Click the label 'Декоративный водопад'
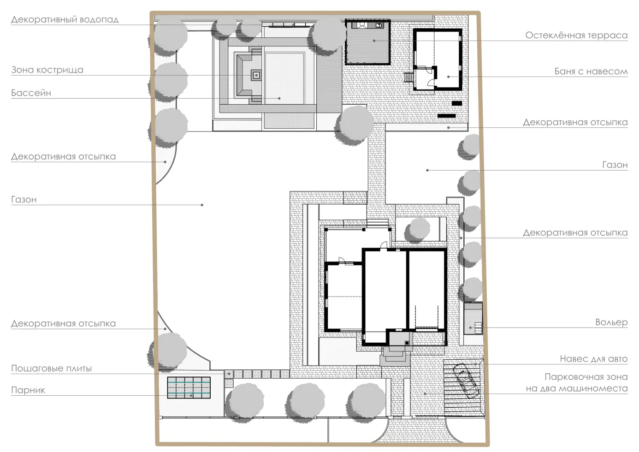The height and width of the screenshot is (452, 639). tap(65, 19)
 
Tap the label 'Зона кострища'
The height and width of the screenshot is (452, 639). tap(47, 70)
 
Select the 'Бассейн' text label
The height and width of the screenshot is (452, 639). tap(31, 93)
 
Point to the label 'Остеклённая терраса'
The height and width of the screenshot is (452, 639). tap(576, 35)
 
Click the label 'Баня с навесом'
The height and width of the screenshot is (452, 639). tap(591, 71)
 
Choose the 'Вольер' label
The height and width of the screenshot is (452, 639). tap(612, 322)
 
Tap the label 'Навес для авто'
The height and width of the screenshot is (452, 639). tap(594, 359)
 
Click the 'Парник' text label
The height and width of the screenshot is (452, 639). tap(28, 390)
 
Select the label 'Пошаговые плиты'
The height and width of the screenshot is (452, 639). tap(51, 369)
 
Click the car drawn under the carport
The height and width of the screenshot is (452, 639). tap(466, 381)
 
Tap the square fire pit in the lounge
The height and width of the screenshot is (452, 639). tap(256, 75)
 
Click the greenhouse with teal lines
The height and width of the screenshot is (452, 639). tap(189, 387)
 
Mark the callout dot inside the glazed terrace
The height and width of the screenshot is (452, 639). tap(374, 41)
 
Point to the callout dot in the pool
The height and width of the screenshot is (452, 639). tap(279, 98)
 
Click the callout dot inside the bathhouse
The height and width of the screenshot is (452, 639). tap(449, 77)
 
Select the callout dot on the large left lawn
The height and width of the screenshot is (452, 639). tap(202, 205)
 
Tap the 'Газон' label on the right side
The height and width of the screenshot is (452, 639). tap(615, 165)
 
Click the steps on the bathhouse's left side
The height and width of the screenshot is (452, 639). tap(408, 77)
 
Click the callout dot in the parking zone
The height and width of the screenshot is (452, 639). tap(425, 394)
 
